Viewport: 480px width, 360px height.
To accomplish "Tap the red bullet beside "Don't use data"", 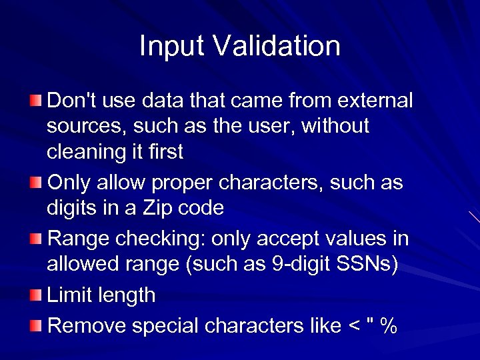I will click(35, 101).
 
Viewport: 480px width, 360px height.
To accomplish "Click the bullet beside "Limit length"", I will click(35, 295).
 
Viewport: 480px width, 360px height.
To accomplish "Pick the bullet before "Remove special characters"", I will click(35, 325).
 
